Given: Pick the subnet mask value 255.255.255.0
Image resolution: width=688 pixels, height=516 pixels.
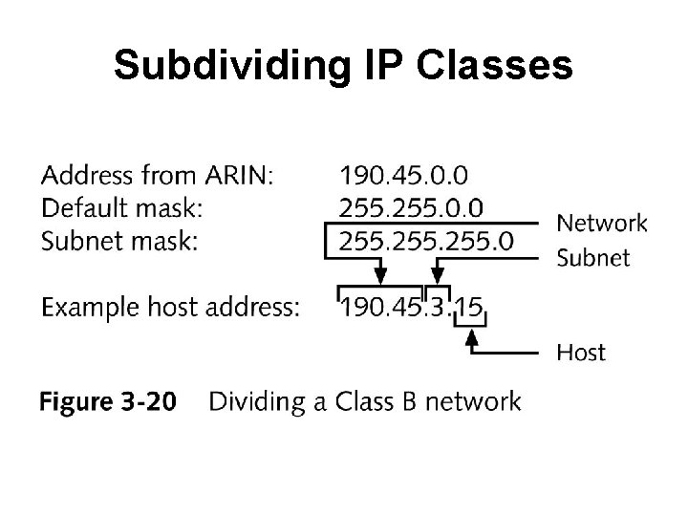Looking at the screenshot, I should [425, 240].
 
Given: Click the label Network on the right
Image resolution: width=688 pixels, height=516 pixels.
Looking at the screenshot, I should [602, 224].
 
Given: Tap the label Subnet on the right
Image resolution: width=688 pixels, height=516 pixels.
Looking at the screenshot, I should [592, 257].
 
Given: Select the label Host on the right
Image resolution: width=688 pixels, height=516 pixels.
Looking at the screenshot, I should [581, 353].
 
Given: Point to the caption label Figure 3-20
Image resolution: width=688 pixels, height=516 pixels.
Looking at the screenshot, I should [107, 402].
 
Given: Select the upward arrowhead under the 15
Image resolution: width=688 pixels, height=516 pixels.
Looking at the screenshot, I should [470, 335].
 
